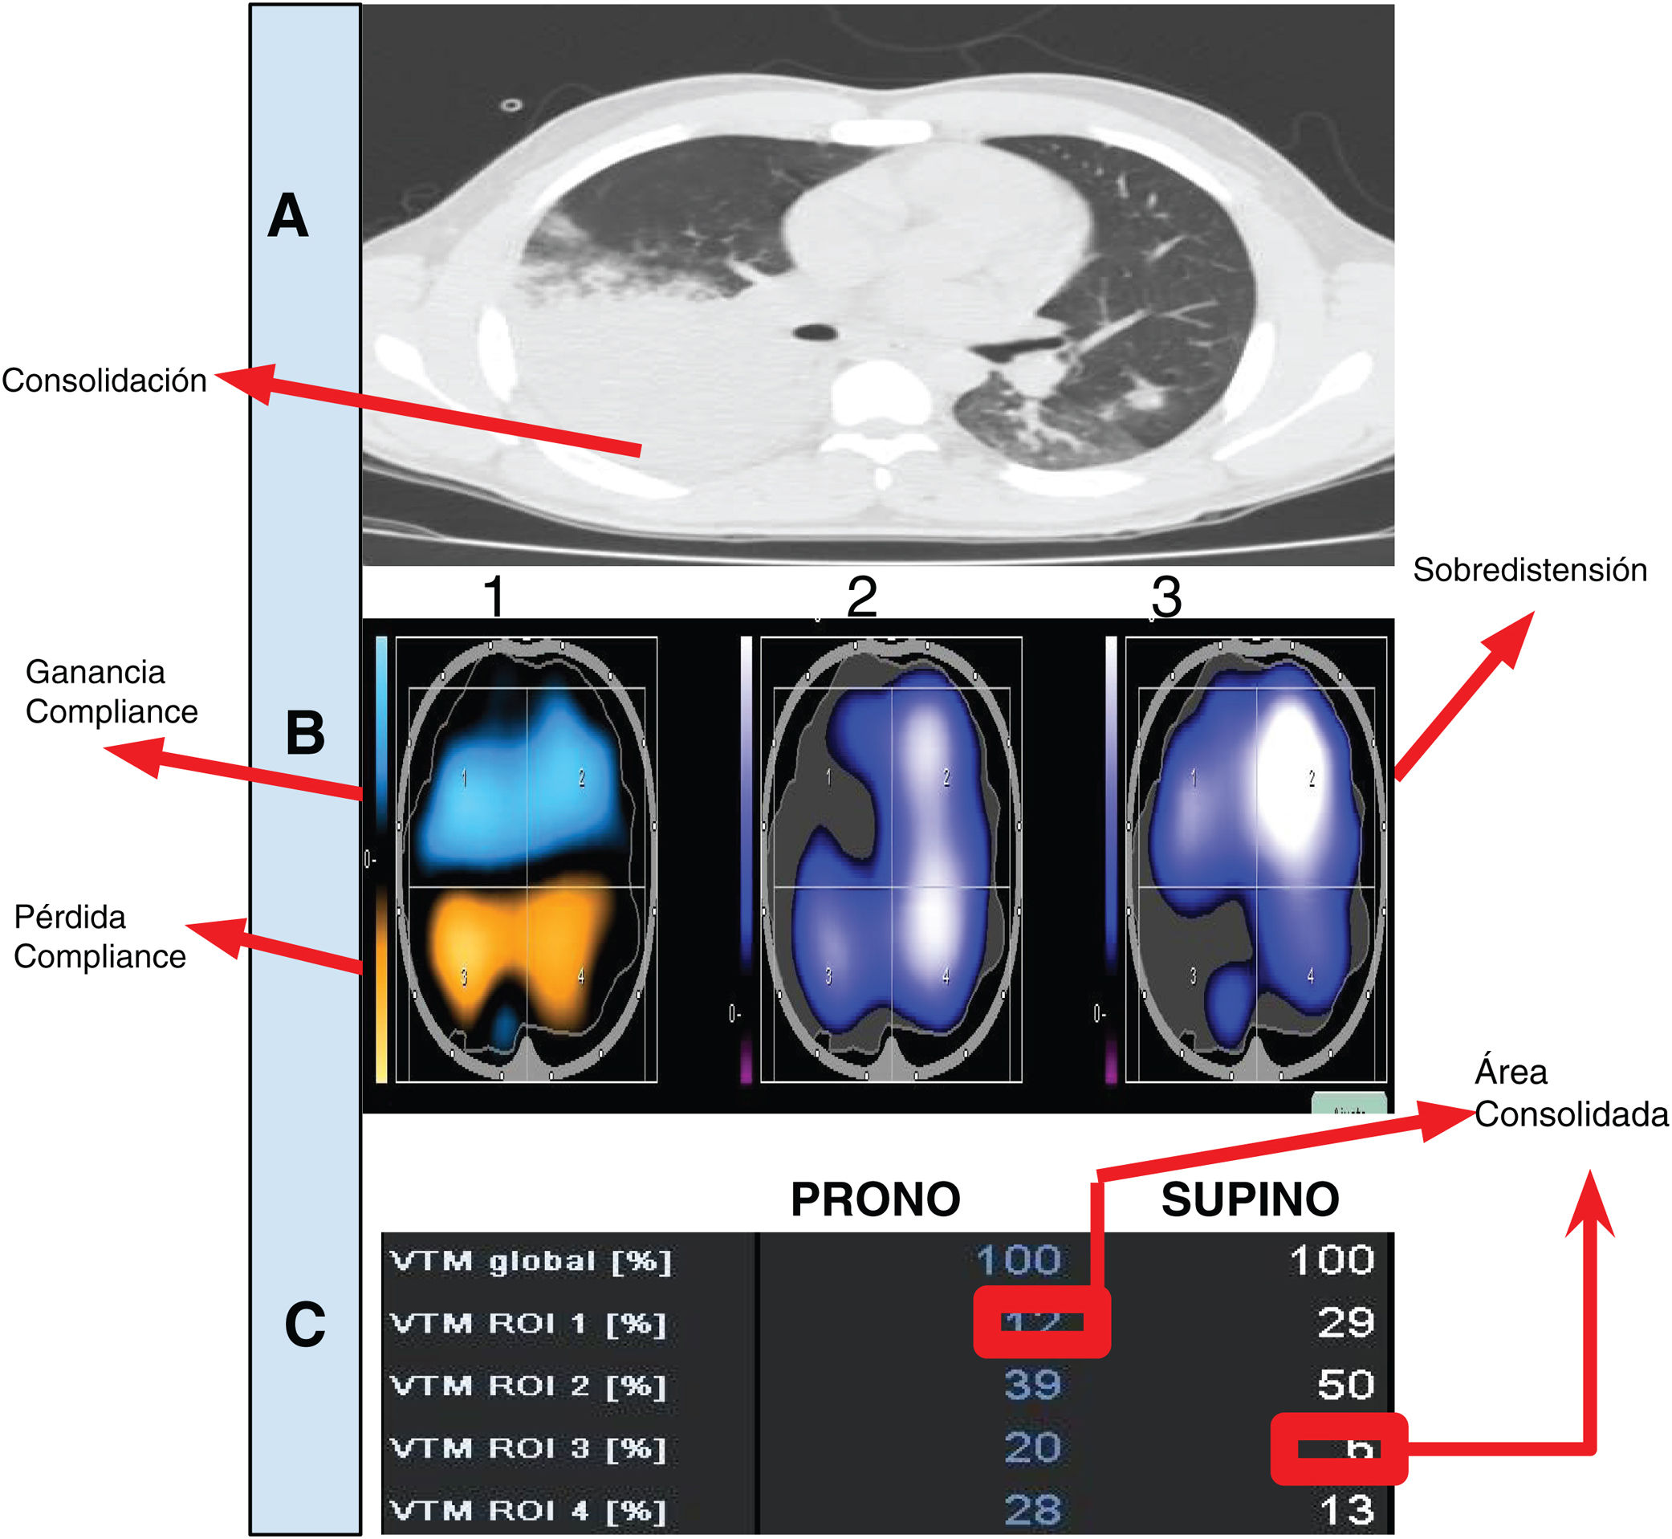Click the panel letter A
point(288,217)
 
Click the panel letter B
point(305,734)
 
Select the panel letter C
point(305,1325)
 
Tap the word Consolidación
point(104,381)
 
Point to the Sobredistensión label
point(1530,571)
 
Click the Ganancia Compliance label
point(112,692)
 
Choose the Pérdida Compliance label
point(100,937)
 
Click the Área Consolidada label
point(1570,1093)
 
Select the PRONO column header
point(875,1200)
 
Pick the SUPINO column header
point(1250,1200)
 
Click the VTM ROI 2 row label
point(528,1386)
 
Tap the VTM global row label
point(531,1262)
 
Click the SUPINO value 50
point(1345,1385)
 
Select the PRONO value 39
point(1032,1385)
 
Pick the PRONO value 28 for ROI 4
point(1032,1510)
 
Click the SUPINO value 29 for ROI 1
point(1345,1322)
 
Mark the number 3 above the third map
point(1166,597)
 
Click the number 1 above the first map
point(494,597)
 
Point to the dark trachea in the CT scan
point(816,332)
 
